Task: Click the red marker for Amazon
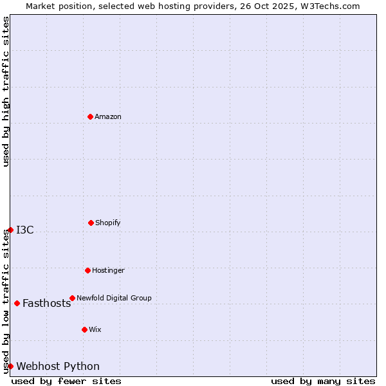[91, 116]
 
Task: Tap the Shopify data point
[91, 223]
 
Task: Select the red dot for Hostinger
[87, 270]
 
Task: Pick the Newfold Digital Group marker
[72, 298]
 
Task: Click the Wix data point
[84, 329]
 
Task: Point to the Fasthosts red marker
[17, 303]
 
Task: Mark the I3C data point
[10, 230]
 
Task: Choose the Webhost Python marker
[10, 366]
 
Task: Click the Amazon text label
[108, 116]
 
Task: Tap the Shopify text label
[108, 223]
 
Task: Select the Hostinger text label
[108, 270]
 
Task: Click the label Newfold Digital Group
[114, 298]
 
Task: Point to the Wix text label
[95, 329]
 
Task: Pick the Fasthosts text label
[46, 304]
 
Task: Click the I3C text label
[25, 230]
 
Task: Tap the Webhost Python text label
[58, 367]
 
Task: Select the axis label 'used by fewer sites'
[66, 381]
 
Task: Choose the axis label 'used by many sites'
[323, 381]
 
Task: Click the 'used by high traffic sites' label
[6, 91]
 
